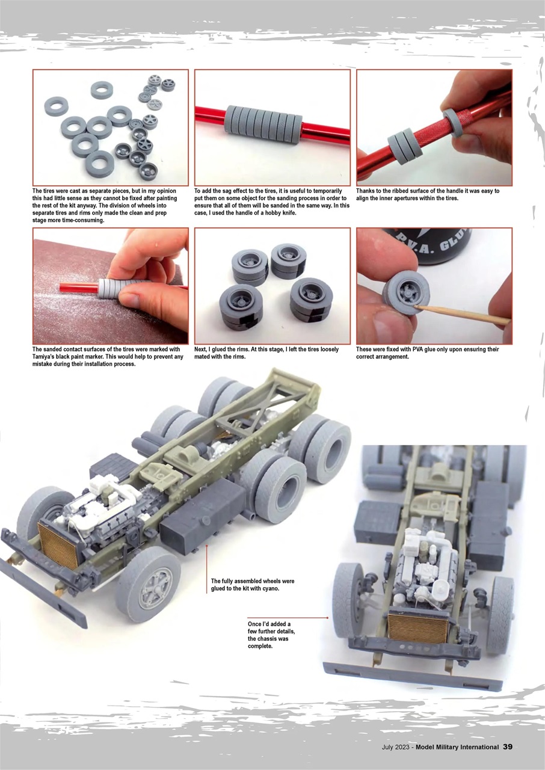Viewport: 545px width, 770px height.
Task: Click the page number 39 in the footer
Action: (508, 747)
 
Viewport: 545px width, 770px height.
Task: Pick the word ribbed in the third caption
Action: (401, 191)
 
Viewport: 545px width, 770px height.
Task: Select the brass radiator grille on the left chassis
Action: (59, 545)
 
